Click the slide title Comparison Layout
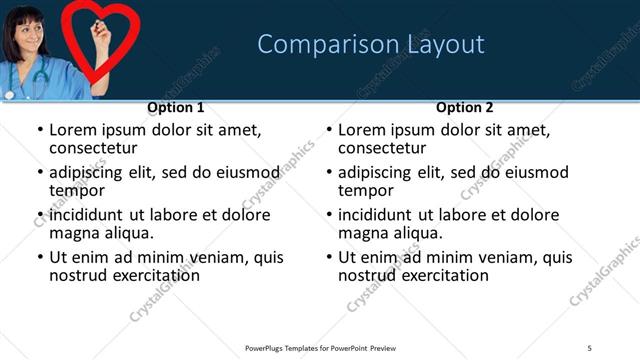point(371,44)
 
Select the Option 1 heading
point(176,107)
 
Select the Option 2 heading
point(465,107)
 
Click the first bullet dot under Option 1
point(40,130)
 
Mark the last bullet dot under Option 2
point(329,257)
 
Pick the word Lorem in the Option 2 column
point(362,130)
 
